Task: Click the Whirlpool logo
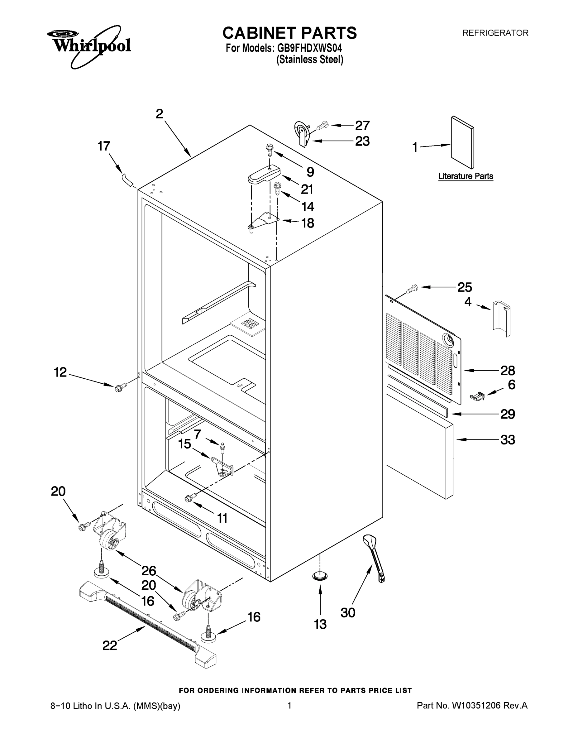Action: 89,46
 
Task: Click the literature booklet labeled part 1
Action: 463,142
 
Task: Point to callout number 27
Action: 362,126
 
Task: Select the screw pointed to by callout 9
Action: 269,150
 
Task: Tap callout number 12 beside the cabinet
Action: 60,372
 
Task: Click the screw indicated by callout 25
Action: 412,289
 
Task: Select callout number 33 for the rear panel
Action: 508,440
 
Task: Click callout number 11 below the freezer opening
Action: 222,518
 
